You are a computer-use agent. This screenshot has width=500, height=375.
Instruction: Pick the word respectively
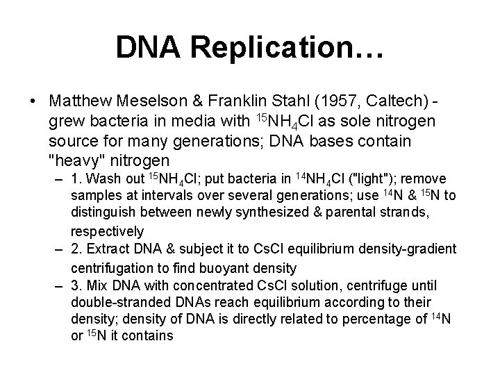[x=107, y=231]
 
